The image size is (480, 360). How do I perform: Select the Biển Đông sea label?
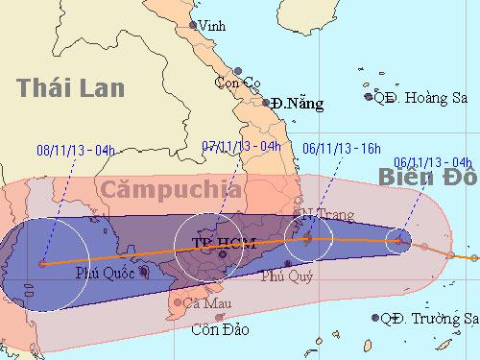coord(428,178)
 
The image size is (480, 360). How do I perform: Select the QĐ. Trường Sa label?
coord(428,319)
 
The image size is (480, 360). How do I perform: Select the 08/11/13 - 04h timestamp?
coord(74,150)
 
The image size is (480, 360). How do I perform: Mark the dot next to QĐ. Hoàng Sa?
coord(368,96)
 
